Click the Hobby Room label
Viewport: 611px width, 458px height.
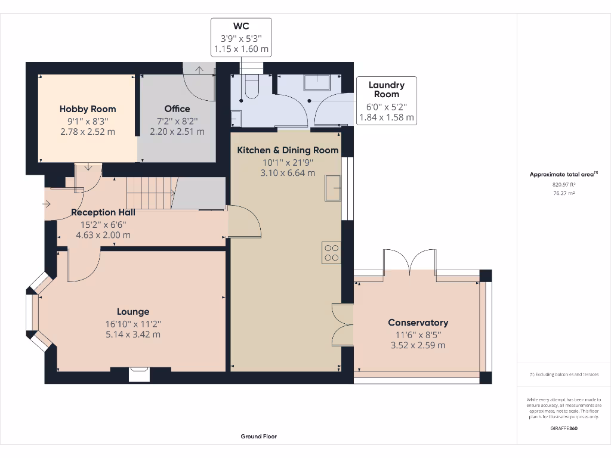[88, 109]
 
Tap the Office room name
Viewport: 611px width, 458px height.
[177, 109]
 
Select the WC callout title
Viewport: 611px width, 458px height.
[241, 26]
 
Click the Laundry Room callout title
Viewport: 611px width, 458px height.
[386, 89]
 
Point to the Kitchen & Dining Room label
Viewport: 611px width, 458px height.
[288, 150]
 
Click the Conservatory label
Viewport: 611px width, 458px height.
[418, 323]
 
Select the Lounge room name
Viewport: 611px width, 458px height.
[133, 311]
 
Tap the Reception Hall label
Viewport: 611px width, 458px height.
[103, 212]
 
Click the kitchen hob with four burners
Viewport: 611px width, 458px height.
[331, 253]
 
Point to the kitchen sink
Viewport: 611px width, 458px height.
[332, 188]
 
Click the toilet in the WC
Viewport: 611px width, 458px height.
[252, 87]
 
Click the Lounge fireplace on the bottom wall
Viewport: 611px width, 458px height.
[139, 374]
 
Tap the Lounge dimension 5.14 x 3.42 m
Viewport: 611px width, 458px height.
[133, 334]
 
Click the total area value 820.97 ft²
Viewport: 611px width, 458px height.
[563, 185]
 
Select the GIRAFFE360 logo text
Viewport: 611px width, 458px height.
[563, 428]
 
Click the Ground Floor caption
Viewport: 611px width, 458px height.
[258, 437]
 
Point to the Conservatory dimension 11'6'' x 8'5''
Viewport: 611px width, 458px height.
[418, 334]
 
